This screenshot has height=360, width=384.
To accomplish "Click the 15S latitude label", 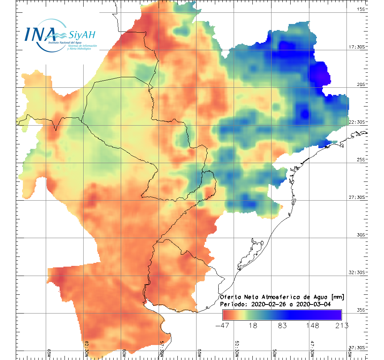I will (x=361, y=9).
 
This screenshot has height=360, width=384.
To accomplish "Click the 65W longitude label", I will (x=49, y=353).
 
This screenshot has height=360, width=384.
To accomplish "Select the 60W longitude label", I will (x=124, y=353).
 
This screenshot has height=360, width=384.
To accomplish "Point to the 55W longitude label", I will (x=199, y=353).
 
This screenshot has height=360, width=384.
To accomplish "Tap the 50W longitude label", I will (x=274, y=353).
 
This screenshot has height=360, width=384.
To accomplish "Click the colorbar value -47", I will (x=223, y=325).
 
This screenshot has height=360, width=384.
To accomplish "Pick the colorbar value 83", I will (x=282, y=325).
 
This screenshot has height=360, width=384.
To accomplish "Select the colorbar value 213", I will (x=341, y=325).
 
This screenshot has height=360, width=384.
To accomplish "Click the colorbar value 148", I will (x=312, y=325).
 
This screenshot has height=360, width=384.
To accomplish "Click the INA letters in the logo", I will (x=40, y=34).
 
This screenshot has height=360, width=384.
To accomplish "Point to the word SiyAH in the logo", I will (x=81, y=35).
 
